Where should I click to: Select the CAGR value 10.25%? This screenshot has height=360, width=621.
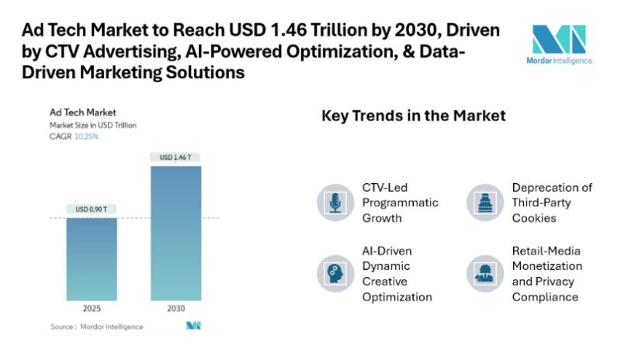point(86,136)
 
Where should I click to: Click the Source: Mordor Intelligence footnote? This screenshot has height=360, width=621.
point(97,327)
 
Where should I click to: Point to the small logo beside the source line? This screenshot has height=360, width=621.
point(193,326)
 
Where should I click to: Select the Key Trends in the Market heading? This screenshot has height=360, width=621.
point(414,116)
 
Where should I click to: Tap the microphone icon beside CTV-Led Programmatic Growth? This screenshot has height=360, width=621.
point(335,202)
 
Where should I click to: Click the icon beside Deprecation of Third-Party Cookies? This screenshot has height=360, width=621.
point(485,202)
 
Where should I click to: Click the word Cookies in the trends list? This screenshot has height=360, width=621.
point(534,218)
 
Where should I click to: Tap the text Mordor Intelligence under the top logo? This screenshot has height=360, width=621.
point(559,61)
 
